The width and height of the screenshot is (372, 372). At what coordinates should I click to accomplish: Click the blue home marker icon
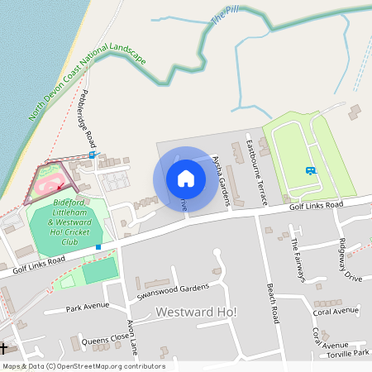[x=186, y=178]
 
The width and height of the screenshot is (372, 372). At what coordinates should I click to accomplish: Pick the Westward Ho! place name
[x=196, y=312]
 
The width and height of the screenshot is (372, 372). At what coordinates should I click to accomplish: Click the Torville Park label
[x=348, y=352]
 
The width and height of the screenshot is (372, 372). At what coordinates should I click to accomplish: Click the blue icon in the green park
[x=310, y=171]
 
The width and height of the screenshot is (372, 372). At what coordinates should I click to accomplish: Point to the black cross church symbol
[x=4, y=348]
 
